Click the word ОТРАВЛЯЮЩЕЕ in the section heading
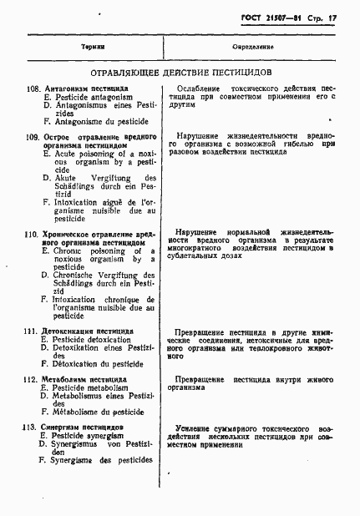coord(125,73)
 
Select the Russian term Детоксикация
coord(71,331)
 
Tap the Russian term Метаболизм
coord(68,378)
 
